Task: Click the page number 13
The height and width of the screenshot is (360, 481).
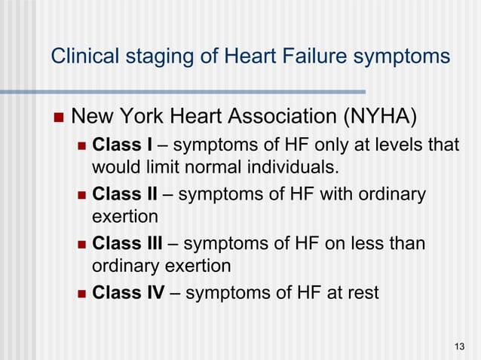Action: (459, 346)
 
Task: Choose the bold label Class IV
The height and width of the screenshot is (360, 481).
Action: (128, 292)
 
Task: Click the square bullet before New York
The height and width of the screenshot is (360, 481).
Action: (60, 118)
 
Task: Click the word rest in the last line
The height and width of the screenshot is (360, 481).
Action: (361, 292)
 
